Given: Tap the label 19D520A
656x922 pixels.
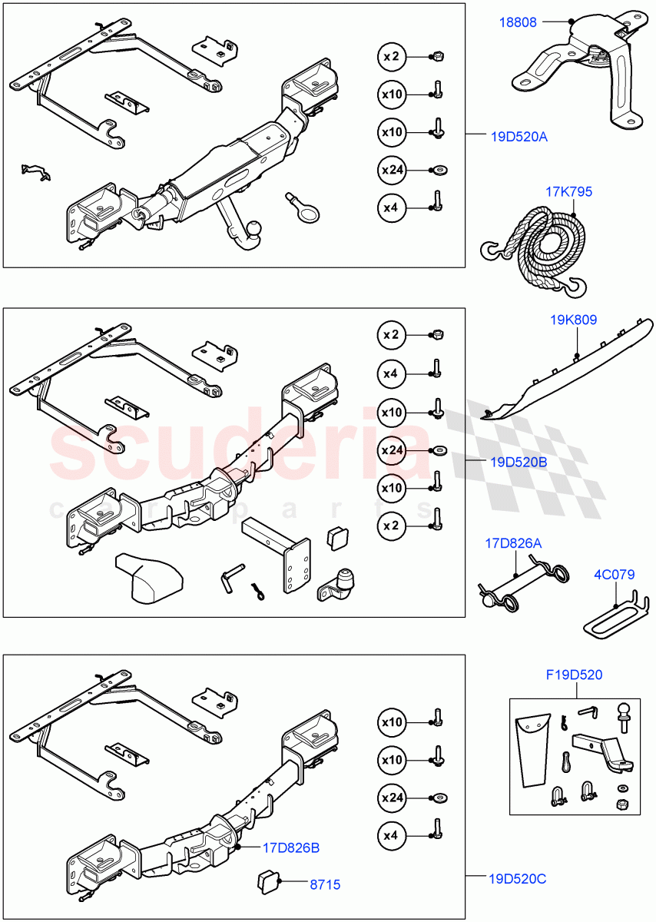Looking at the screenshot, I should (x=519, y=137).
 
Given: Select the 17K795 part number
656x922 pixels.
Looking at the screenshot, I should (x=568, y=192).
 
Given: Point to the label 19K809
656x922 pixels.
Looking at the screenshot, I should (x=572, y=319).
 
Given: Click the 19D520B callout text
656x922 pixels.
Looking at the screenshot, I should (x=519, y=462).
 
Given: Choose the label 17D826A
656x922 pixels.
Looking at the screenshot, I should (x=512, y=543).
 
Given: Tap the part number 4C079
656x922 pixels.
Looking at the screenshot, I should (x=613, y=573).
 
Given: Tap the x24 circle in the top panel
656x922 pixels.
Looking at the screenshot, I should (x=392, y=170).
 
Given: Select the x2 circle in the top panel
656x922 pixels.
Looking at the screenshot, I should (x=392, y=57).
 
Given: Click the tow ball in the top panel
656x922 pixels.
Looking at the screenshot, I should (x=253, y=228).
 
